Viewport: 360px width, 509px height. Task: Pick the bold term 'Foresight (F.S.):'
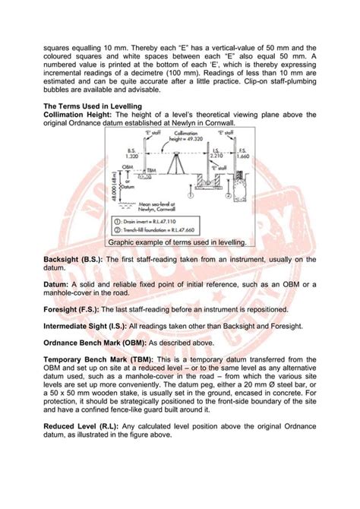click(x=71, y=308)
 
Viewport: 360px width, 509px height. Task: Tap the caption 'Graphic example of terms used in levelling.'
click(x=177, y=242)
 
